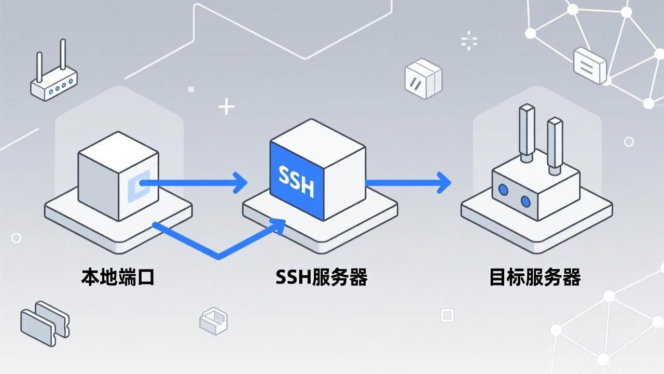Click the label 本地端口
click(x=118, y=277)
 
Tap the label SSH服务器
click(x=322, y=277)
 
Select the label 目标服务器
click(x=535, y=277)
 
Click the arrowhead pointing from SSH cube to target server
click(x=444, y=182)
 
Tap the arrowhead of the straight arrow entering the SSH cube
click(x=240, y=182)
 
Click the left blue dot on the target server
click(x=503, y=190)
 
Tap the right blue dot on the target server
click(x=525, y=201)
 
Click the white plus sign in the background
click(x=226, y=106)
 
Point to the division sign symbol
click(x=469, y=41)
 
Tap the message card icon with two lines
click(x=590, y=65)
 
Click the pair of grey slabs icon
click(x=45, y=323)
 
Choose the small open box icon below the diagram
click(x=214, y=320)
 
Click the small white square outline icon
click(x=447, y=315)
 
